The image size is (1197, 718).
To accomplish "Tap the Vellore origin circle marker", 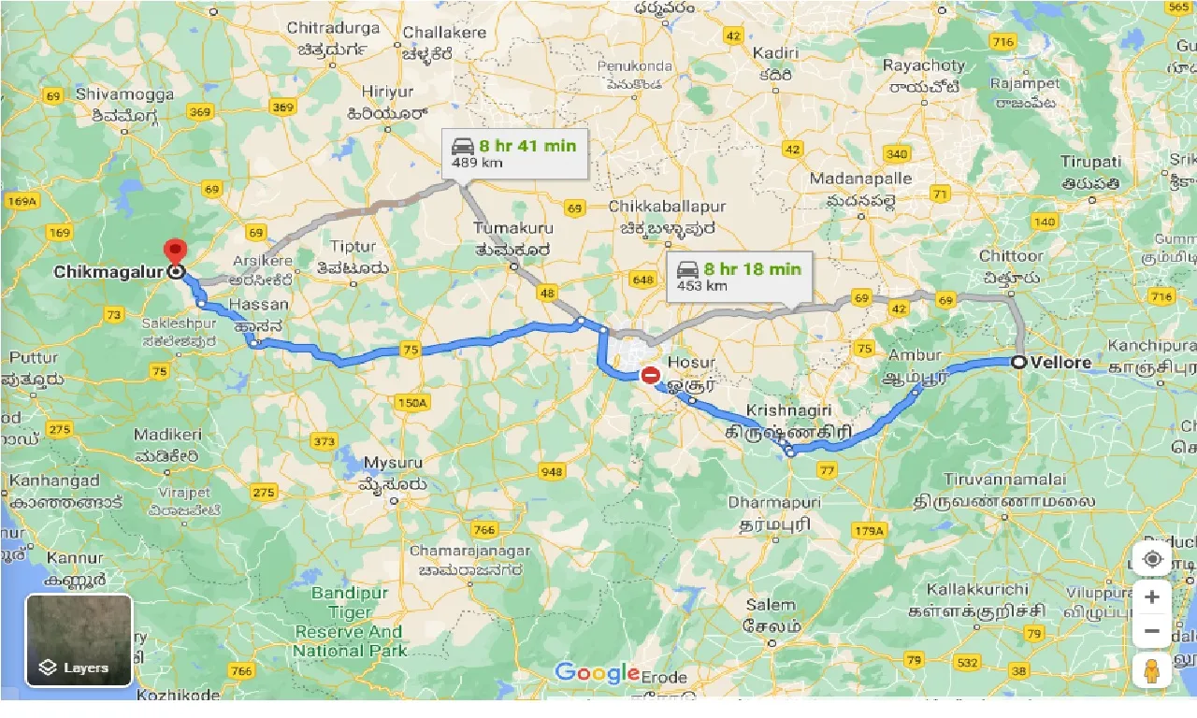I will pos(1018,363).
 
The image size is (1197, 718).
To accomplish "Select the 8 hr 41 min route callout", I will pos(514,152).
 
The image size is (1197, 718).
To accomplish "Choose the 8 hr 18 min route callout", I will pos(739,277).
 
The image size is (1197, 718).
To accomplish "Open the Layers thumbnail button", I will pos(79,640).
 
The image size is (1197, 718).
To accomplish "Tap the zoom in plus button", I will pos(1152,597).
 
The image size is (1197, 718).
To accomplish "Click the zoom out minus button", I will pos(1152,631).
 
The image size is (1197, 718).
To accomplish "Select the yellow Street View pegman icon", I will pos(1152,671).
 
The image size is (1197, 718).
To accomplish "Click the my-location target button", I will pos(1152,559).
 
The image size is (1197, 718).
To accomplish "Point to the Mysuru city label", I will pos(393,463).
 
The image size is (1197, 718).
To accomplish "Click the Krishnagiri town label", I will pos(787,411).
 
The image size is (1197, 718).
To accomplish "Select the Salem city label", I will pos(770,605).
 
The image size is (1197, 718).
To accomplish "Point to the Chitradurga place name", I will pos(334,28).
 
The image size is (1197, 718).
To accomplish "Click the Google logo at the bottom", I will pos(597,671).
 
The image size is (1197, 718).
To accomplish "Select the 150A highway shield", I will pos(411,403).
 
